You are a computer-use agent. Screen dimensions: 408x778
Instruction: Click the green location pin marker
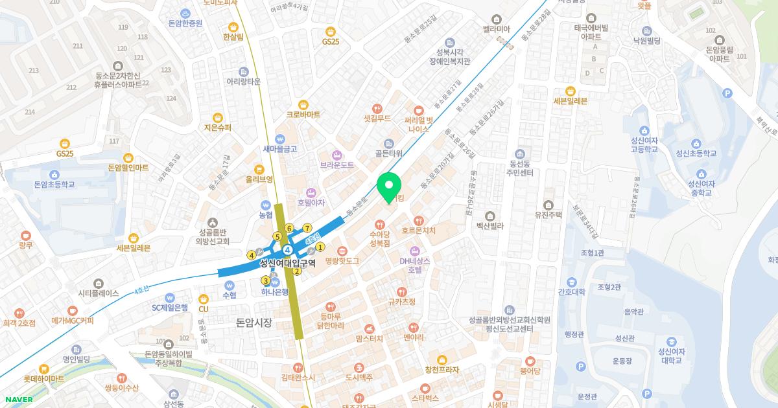pyautogui.click(x=389, y=187)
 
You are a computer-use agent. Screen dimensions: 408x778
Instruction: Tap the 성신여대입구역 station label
pyautogui.click(x=287, y=263)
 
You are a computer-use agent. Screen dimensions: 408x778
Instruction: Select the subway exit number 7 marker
pyautogui.click(x=307, y=228)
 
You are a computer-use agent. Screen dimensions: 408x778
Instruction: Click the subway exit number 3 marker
pyautogui.click(x=265, y=280)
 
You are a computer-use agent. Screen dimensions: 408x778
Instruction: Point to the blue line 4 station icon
pyautogui.click(x=287, y=249)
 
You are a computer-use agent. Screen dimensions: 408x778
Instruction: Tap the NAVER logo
pyautogui.click(x=18, y=400)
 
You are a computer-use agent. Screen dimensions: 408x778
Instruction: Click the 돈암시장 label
pyautogui.click(x=254, y=322)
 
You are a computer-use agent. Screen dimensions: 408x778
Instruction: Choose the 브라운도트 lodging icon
pyautogui.click(x=336, y=155)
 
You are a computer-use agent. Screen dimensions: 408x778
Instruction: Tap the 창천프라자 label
pyautogui.click(x=442, y=370)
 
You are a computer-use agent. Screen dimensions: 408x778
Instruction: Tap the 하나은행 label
pyautogui.click(x=275, y=292)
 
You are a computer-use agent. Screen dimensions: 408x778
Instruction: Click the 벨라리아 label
pyautogui.click(x=497, y=29)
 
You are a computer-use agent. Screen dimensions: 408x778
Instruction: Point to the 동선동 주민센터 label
pyautogui.click(x=521, y=168)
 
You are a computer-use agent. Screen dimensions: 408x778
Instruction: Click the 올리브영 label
pyautogui.click(x=259, y=179)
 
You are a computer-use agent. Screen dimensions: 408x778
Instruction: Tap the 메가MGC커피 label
pyautogui.click(x=73, y=321)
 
